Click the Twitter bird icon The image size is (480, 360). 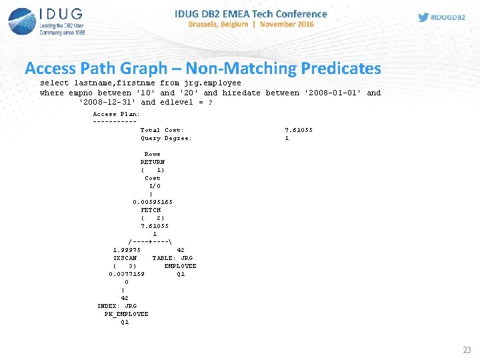[424, 17]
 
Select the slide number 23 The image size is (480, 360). [466, 349]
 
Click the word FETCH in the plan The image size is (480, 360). [151, 210]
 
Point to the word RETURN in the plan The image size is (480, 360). [153, 162]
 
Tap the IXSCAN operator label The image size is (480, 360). [125, 258]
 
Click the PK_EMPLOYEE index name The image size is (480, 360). [127, 314]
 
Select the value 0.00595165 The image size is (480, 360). [153, 202]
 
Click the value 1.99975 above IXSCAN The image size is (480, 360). [127, 250]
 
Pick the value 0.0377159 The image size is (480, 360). [127, 274]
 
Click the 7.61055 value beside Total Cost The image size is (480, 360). [299, 130]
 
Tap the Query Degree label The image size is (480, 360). [166, 138]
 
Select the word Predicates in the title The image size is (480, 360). [341, 68]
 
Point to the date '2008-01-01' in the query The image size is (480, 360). [331, 93]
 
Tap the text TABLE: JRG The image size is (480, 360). [173, 258]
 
